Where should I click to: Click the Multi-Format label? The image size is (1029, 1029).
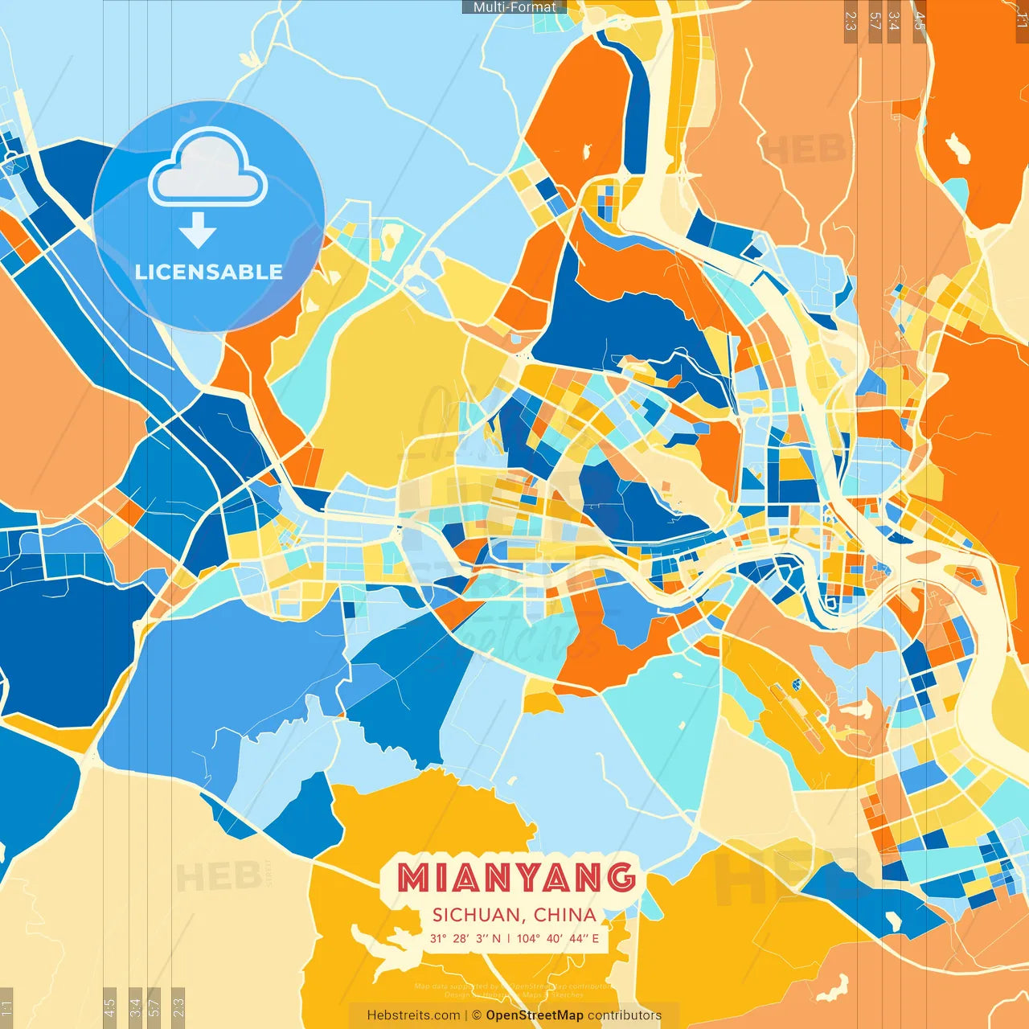514,7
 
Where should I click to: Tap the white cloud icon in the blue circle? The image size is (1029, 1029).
208,169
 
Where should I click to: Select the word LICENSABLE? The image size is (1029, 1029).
208,272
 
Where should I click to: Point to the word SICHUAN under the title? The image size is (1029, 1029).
476,915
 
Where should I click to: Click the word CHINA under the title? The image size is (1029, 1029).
565,915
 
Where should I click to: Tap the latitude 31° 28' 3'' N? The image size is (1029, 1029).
465,938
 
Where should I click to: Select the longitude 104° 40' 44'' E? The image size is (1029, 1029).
557,938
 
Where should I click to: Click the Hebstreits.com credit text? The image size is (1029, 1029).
413,1015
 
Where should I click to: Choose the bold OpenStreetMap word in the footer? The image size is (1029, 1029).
534,1015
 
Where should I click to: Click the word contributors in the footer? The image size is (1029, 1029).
625,1015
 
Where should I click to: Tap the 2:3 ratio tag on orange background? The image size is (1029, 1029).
851,21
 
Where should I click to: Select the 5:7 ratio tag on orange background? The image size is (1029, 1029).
875,21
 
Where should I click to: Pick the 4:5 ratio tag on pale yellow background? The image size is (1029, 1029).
110,1006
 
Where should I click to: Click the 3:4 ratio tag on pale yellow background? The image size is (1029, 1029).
135,1006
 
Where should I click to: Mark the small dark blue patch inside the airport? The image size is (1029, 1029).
797,684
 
